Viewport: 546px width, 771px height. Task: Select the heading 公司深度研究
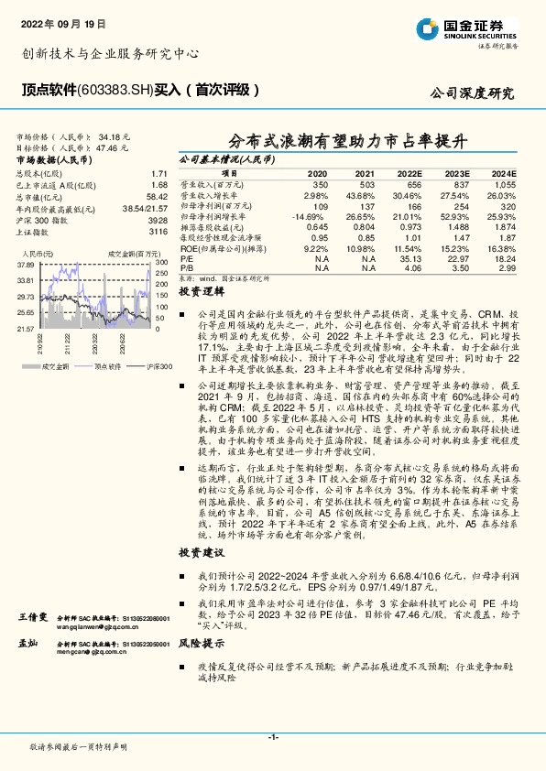point(473,93)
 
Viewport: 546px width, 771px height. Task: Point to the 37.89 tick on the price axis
point(26,265)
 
